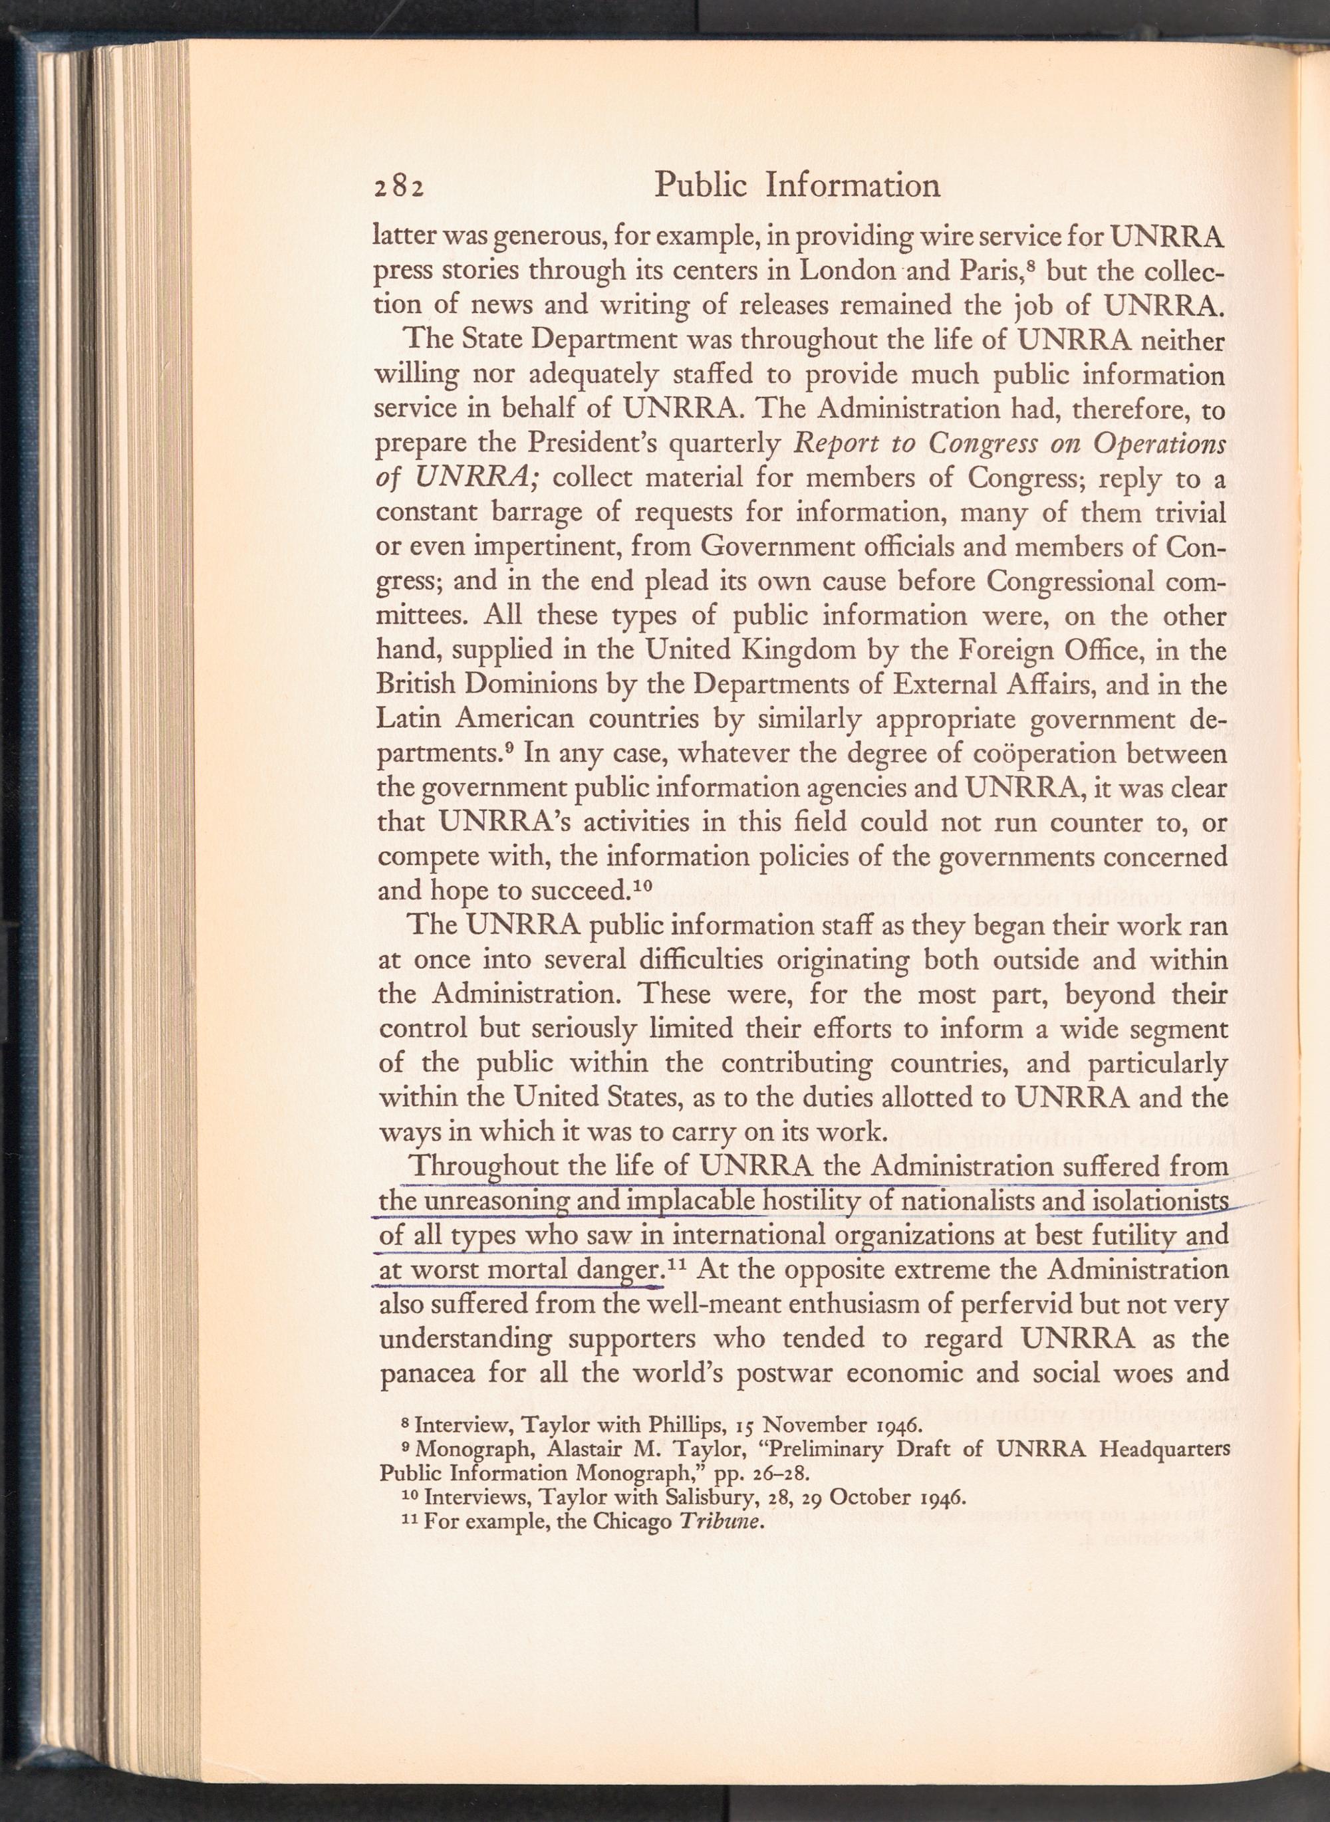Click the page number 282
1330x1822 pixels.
pyautogui.click(x=398, y=187)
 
